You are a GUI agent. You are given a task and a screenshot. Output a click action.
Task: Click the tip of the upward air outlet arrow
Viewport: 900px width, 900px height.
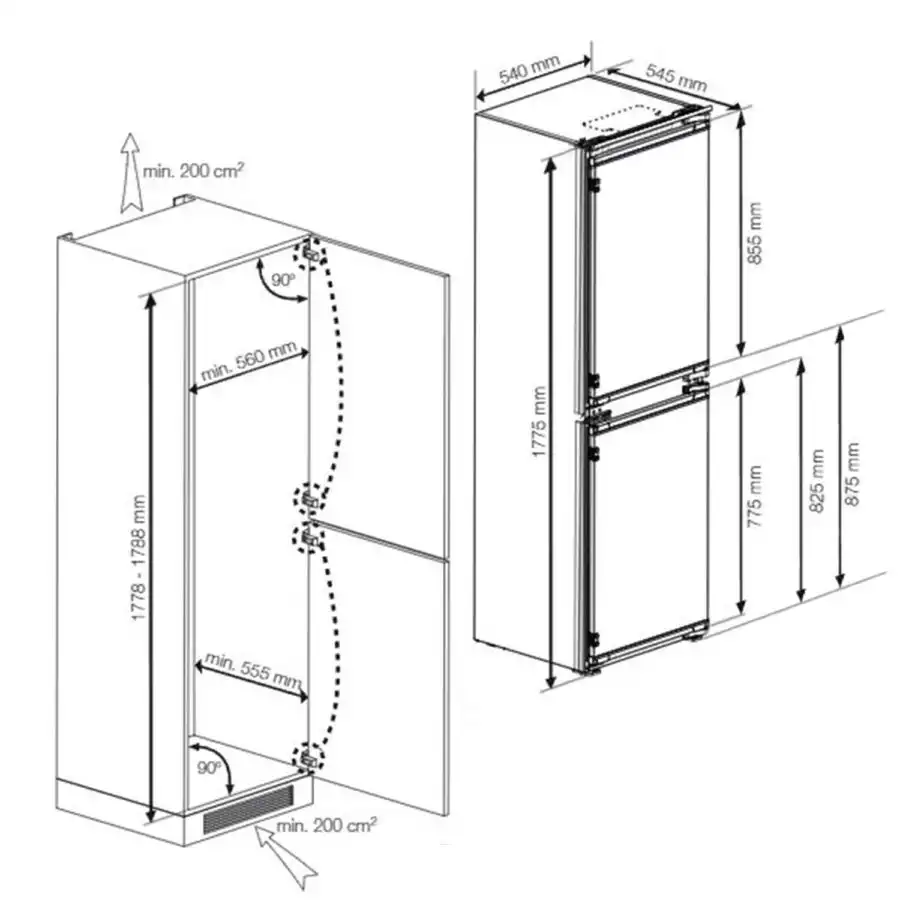(131, 134)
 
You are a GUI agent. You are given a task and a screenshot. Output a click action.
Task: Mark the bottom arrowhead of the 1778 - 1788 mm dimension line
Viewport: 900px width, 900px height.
(151, 821)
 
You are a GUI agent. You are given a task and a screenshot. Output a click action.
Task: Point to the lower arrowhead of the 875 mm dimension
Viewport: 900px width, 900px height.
(840, 587)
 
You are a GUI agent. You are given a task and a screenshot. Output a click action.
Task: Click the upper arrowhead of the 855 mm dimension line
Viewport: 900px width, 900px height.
(741, 112)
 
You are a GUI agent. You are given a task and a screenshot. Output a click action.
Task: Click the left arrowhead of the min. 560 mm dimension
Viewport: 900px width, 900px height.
(191, 391)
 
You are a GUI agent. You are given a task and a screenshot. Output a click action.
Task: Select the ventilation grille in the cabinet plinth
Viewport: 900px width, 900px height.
(247, 808)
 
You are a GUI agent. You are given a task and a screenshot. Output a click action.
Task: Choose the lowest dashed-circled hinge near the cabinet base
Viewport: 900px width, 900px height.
(309, 759)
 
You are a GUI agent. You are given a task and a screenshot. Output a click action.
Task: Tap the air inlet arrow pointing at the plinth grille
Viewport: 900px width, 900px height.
(286, 856)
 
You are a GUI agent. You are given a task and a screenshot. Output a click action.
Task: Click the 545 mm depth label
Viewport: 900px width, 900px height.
(676, 77)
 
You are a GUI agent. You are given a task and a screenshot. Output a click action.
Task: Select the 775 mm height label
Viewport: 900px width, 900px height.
(755, 497)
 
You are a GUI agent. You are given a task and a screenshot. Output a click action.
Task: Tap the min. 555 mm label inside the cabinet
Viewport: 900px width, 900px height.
(253, 670)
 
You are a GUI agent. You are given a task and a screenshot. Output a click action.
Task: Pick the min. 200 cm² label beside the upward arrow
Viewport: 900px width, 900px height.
(193, 170)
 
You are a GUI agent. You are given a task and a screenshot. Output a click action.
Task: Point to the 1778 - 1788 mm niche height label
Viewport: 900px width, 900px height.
(139, 558)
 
